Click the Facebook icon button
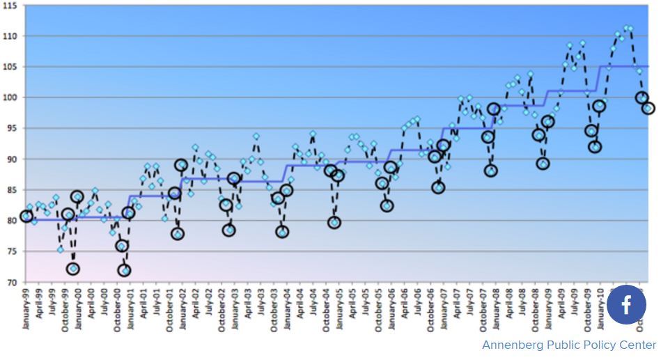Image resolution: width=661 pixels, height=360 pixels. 626,305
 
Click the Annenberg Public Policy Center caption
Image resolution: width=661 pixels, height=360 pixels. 569,345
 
